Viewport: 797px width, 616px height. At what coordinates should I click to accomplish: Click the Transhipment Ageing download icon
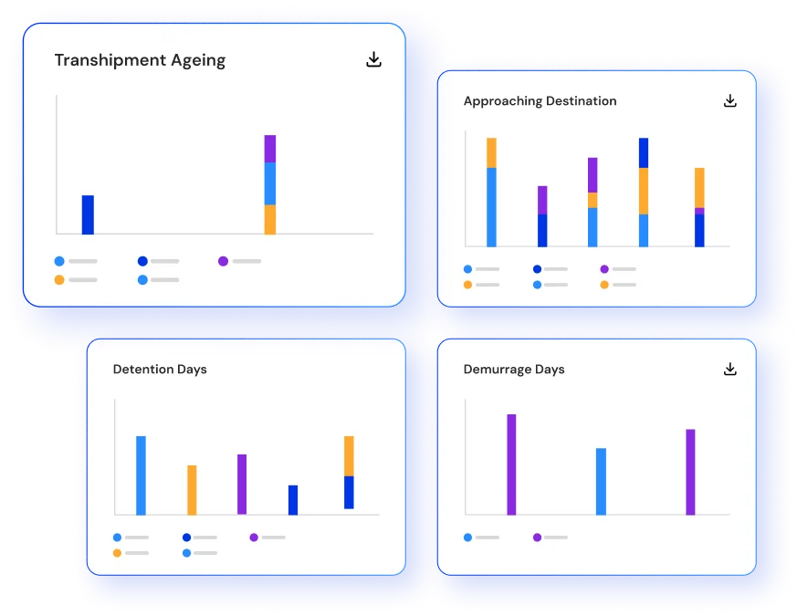[x=373, y=59]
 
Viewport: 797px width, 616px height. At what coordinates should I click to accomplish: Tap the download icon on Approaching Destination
[x=729, y=100]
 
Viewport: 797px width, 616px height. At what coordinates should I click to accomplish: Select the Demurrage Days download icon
[x=729, y=369]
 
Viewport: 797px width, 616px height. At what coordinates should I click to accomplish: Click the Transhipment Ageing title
[x=140, y=60]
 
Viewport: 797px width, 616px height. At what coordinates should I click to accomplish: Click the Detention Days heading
[x=160, y=370]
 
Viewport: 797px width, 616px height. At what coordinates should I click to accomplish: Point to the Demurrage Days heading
[x=514, y=370]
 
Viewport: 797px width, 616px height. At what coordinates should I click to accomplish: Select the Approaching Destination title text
[x=540, y=101]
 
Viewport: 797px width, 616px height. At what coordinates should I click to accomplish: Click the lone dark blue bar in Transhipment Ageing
[x=88, y=214]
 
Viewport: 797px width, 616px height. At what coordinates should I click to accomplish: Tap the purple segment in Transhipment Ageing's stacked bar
[x=270, y=149]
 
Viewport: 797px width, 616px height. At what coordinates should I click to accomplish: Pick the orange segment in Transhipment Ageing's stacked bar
[x=270, y=219]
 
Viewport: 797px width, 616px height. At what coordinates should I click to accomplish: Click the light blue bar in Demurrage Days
[x=601, y=481]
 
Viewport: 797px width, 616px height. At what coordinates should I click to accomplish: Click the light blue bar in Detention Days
[x=141, y=475]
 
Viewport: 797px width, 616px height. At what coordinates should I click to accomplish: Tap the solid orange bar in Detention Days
[x=192, y=490]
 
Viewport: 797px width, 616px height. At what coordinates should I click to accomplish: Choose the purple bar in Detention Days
[x=242, y=484]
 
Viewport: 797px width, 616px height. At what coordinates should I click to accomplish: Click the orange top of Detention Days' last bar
[x=349, y=455]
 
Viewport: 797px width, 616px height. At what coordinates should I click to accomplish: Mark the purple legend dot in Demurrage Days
[x=537, y=538]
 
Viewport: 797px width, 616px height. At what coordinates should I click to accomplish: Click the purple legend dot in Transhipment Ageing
[x=223, y=261]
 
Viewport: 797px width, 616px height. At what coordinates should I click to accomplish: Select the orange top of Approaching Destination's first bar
[x=491, y=152]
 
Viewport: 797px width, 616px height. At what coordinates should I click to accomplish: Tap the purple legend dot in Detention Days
[x=254, y=538]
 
